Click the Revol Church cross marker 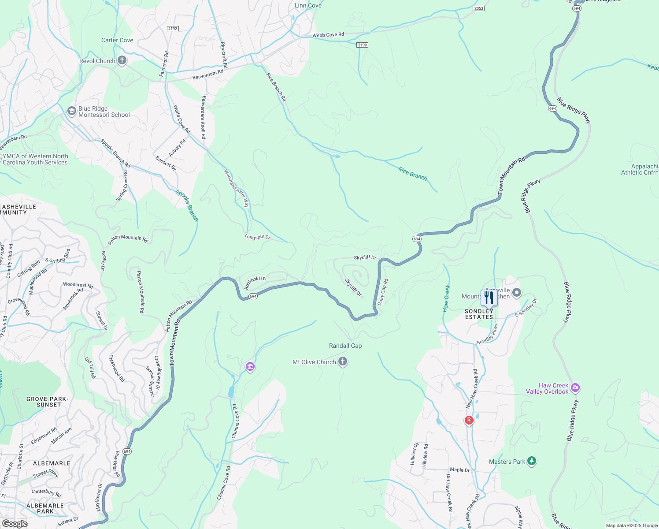point(122,61)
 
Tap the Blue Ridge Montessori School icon point(71,112)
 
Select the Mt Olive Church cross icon point(343,362)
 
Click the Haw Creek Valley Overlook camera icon point(575,388)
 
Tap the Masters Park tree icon point(532,461)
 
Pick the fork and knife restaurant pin point(489,298)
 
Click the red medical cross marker point(469,420)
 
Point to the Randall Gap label point(345,346)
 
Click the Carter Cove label point(117,40)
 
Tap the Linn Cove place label point(308,6)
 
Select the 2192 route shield point(173,29)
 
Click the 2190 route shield point(362,45)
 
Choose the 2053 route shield point(479,8)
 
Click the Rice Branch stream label point(412,173)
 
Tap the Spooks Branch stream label point(187,205)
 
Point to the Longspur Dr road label point(257,237)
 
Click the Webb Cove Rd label point(328,35)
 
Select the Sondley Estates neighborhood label point(479,314)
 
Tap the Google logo point(15,524)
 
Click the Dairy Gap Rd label point(382,292)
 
